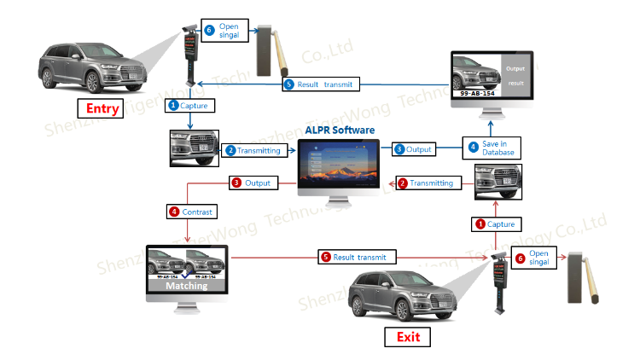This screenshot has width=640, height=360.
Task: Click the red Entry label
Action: tap(103, 108)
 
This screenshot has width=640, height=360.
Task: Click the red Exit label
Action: tap(408, 337)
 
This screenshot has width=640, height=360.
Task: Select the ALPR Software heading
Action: tap(340, 130)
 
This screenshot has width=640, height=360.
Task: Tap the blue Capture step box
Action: tap(189, 106)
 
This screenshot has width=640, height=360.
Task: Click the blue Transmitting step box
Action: tap(253, 150)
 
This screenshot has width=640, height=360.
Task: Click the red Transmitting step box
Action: tap(426, 183)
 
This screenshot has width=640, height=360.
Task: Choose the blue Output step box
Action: tap(414, 149)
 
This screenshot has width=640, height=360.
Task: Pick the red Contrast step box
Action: tap(192, 210)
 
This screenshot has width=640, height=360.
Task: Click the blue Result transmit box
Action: tap(320, 84)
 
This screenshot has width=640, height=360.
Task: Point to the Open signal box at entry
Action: tap(224, 31)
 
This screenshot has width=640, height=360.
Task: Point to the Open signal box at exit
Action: tap(534, 258)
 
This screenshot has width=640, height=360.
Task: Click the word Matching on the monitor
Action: tap(186, 286)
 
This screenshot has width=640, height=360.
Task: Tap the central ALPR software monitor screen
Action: tap(340, 165)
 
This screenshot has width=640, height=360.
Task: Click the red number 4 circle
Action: tap(174, 210)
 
